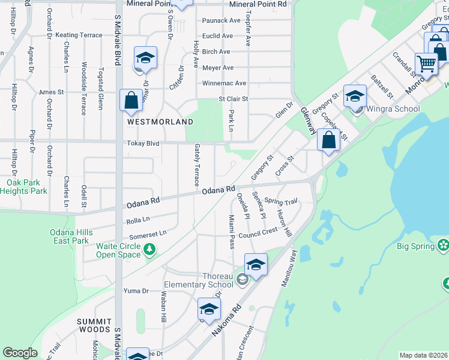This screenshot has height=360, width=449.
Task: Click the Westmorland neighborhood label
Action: [x=160, y=122]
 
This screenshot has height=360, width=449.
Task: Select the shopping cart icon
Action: [x=426, y=63]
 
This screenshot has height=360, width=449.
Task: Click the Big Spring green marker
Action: [x=444, y=245]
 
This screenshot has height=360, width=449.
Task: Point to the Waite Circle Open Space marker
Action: [x=149, y=249]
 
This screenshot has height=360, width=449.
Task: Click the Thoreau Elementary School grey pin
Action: [x=241, y=278]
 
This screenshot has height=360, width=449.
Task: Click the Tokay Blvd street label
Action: [x=143, y=143]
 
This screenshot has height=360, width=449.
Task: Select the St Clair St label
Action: [x=233, y=99]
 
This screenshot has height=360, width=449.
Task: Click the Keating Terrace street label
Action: [x=79, y=35]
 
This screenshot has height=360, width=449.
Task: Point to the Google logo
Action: [x=20, y=353]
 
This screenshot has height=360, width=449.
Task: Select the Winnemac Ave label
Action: [x=224, y=83]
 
